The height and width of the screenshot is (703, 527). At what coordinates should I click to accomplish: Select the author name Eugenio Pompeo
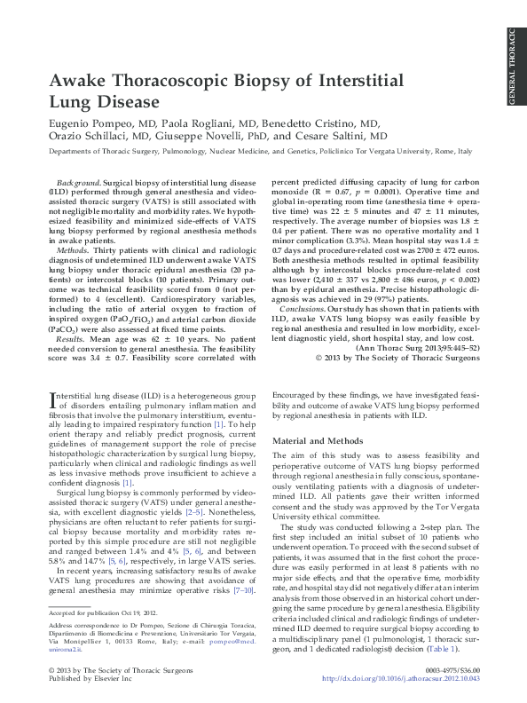click(88, 123)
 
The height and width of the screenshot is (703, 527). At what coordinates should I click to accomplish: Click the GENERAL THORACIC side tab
click(514, 67)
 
